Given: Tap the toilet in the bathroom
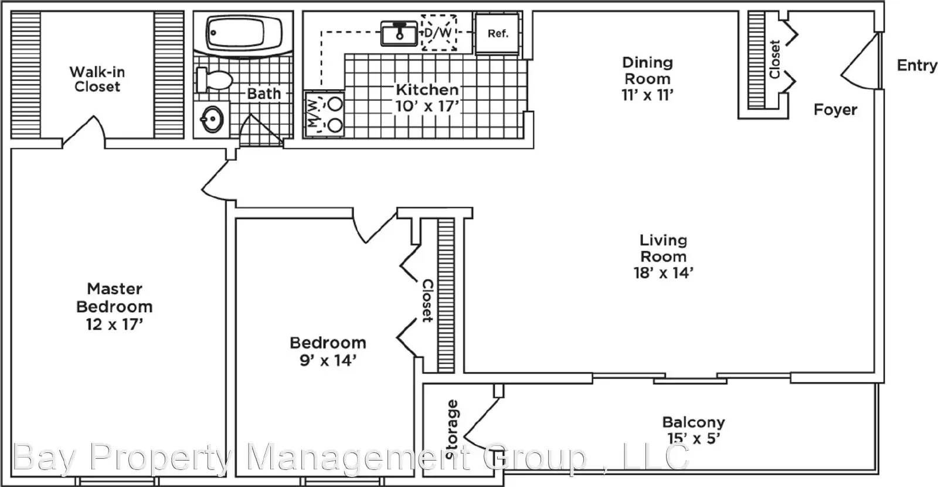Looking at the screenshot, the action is click(x=215, y=80).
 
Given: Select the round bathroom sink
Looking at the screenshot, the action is click(x=212, y=120).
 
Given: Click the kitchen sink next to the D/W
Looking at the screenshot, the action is click(x=399, y=33).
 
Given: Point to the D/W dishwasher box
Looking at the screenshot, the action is click(x=439, y=33).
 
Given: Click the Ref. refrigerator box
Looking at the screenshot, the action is click(x=498, y=33).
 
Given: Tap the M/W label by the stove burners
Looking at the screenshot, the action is click(x=313, y=113).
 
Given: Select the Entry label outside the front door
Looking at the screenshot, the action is click(x=917, y=65).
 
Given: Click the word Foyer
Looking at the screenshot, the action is click(x=835, y=110).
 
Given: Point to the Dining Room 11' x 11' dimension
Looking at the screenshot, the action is click(x=647, y=95).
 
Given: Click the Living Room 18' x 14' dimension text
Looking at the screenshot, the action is click(x=664, y=273).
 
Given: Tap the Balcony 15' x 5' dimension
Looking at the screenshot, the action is click(x=694, y=438).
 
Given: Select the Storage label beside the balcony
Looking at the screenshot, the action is click(x=452, y=429).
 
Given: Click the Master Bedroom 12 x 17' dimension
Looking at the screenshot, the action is click(x=115, y=324).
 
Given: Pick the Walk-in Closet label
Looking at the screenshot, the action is click(x=97, y=79).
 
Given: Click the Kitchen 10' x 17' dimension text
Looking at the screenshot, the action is click(x=427, y=106).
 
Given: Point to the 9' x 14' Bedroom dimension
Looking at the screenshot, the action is click(x=328, y=360).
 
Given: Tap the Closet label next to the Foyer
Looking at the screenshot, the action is click(x=775, y=59).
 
